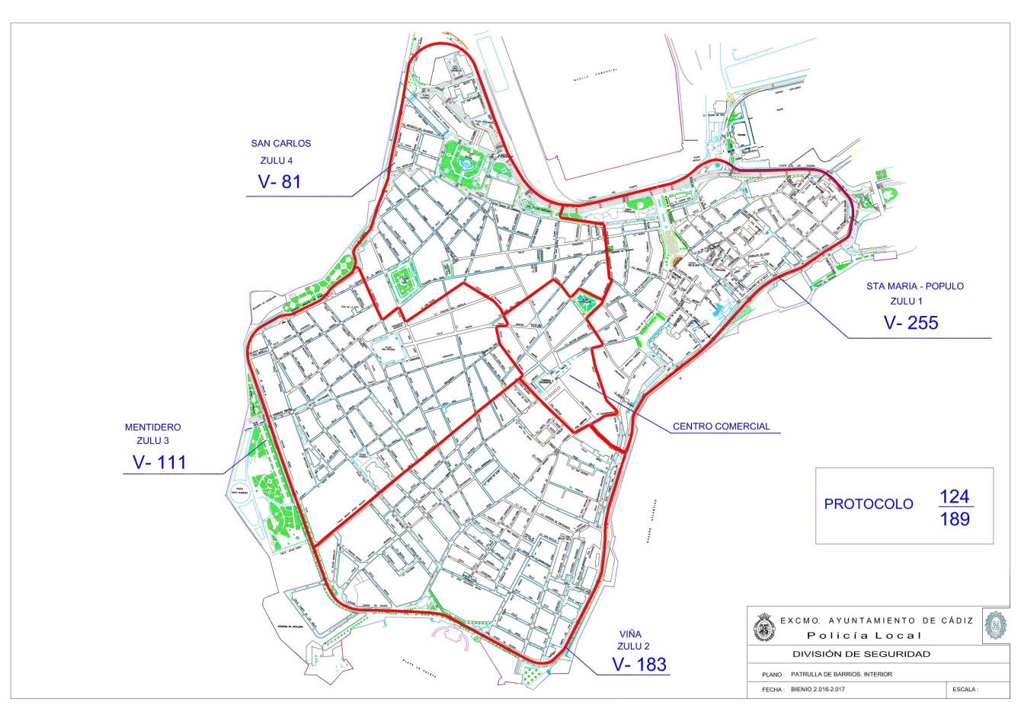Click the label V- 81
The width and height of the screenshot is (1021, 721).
pyautogui.click(x=280, y=182)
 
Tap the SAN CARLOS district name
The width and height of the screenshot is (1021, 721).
pyautogui.click(x=280, y=143)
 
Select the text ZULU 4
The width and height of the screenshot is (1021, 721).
pyautogui.click(x=276, y=161)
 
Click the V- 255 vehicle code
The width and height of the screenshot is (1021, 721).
pyautogui.click(x=911, y=323)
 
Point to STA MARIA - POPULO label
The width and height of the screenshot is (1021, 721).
pyautogui.click(x=914, y=286)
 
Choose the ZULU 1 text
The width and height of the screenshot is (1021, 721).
pyautogui.click(x=912, y=301)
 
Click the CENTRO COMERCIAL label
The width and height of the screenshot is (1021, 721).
pyautogui.click(x=721, y=426)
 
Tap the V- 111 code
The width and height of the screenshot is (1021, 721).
pyautogui.click(x=159, y=461)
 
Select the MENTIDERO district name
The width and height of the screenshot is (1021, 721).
pyautogui.click(x=153, y=427)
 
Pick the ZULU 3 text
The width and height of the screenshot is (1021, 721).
pyautogui.click(x=153, y=441)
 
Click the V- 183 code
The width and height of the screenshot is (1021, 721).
pyautogui.click(x=639, y=665)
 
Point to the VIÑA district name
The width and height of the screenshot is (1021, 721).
pyautogui.click(x=630, y=633)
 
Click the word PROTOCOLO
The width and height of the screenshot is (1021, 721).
pyautogui.click(x=868, y=504)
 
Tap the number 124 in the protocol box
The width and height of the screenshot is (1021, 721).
pyautogui.click(x=954, y=496)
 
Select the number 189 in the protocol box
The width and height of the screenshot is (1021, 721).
pyautogui.click(x=955, y=519)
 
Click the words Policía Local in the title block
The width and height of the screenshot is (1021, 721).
pyautogui.click(x=864, y=636)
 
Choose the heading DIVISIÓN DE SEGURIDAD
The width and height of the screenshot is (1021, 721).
pyautogui.click(x=861, y=654)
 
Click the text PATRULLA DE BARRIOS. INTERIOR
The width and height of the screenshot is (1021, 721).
pyautogui.click(x=841, y=674)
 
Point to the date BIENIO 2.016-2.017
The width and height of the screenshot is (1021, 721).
pyautogui.click(x=820, y=690)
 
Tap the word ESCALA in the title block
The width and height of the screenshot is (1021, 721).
pyautogui.click(x=964, y=690)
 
